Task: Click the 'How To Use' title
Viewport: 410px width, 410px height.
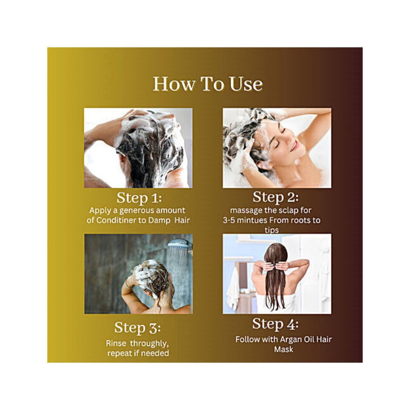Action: pyautogui.click(x=207, y=84)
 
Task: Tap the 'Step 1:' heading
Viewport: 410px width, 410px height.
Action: pyautogui.click(x=139, y=198)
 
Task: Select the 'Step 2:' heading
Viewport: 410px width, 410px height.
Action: pyautogui.click(x=276, y=197)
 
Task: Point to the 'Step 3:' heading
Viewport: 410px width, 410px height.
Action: pyautogui.click(x=137, y=328)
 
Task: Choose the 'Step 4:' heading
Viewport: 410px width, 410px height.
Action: pyautogui.click(x=275, y=324)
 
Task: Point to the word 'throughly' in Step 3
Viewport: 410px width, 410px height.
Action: pyautogui.click(x=148, y=343)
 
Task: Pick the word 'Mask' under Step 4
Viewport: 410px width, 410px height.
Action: pyautogui.click(x=283, y=349)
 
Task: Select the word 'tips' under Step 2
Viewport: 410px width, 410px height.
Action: pyautogui.click(x=272, y=230)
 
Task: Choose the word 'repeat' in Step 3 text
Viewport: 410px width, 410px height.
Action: pyautogui.click(x=119, y=354)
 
